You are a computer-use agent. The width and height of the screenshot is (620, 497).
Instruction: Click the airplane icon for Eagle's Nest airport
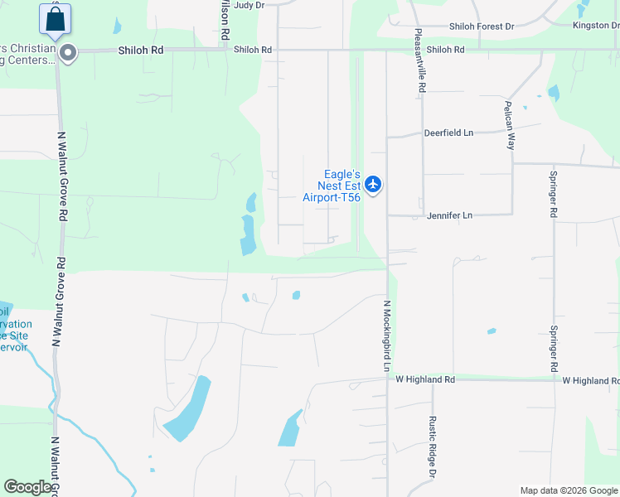click(x=373, y=184)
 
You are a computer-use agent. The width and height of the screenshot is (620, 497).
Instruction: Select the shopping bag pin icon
click(x=55, y=19)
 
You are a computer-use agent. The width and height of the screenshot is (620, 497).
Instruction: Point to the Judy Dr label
click(x=249, y=5)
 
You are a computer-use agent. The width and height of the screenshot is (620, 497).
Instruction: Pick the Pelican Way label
click(x=510, y=124)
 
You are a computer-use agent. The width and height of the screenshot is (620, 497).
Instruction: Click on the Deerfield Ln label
click(x=448, y=133)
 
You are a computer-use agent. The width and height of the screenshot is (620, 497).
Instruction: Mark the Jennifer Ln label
click(x=449, y=215)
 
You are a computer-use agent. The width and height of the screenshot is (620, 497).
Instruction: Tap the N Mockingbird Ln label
click(x=386, y=335)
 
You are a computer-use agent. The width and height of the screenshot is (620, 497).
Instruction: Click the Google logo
click(x=27, y=487)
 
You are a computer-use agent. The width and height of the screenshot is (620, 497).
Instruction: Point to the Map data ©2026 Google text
click(x=569, y=490)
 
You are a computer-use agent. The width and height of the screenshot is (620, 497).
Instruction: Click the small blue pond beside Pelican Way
click(x=553, y=92)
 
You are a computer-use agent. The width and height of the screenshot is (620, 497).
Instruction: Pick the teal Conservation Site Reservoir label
click(x=15, y=335)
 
